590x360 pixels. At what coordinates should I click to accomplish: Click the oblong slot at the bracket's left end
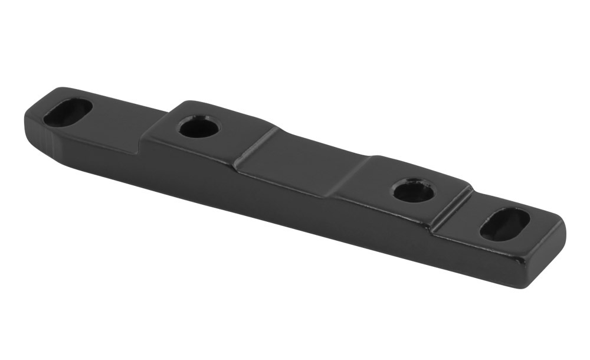point(68,112)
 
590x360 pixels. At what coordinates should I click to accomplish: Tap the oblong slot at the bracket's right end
point(504,224)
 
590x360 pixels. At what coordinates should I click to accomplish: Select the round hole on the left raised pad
point(198,127)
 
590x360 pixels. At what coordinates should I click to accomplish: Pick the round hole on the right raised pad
point(413,190)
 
